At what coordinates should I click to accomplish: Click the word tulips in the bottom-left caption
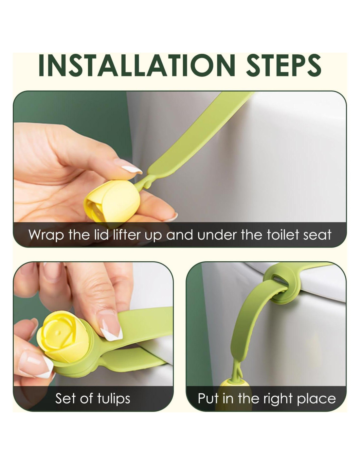(114, 399)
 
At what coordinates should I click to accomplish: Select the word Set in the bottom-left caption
(63, 399)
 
